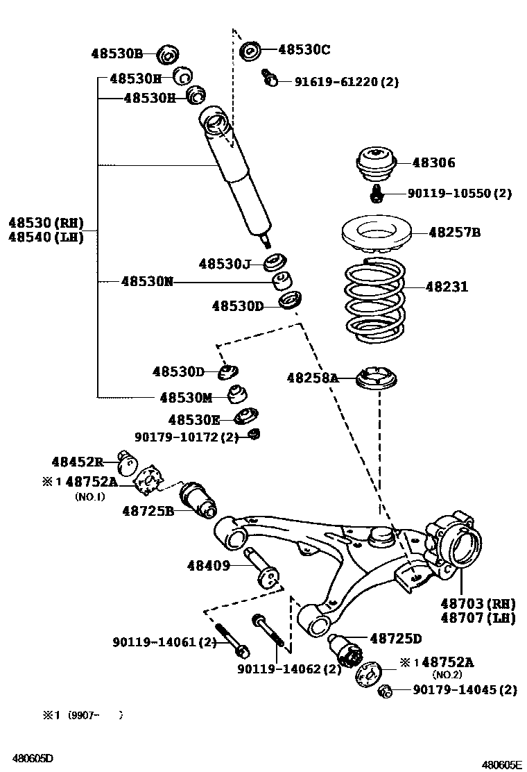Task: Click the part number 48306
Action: click(x=433, y=163)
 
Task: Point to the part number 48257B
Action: click(x=453, y=233)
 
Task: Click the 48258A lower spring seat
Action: click(x=379, y=380)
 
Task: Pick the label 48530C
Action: click(x=304, y=49)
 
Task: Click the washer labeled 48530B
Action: click(x=167, y=53)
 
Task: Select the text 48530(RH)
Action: click(x=46, y=223)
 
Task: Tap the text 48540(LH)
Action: click(x=46, y=237)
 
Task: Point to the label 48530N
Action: click(x=146, y=281)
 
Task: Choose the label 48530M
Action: click(x=185, y=397)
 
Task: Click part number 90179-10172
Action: click(x=186, y=437)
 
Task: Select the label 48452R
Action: click(x=77, y=462)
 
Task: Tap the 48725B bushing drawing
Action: click(x=198, y=500)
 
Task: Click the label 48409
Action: click(x=208, y=566)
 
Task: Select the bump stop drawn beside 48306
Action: click(x=375, y=165)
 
